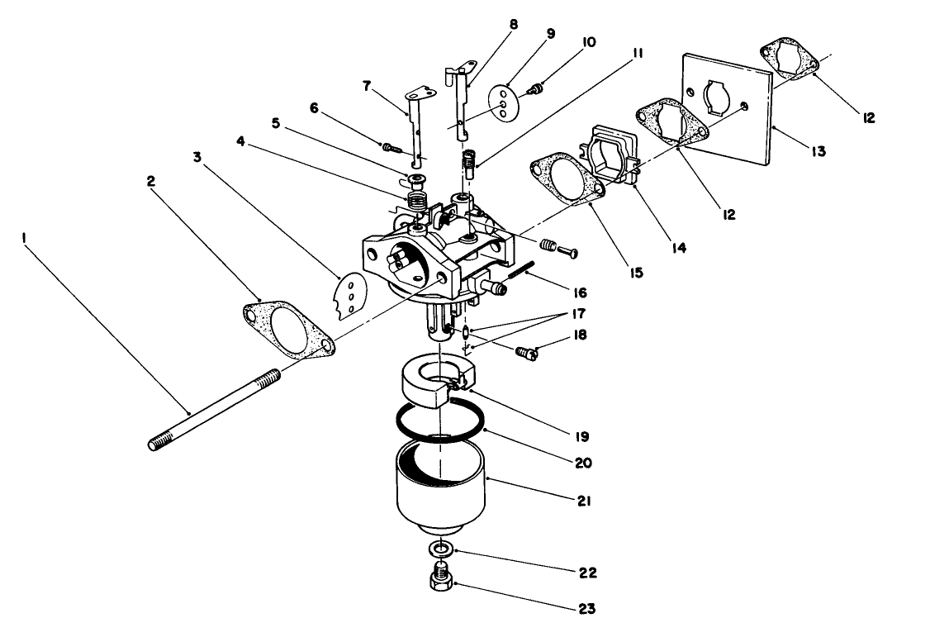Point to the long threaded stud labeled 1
(x=215, y=408)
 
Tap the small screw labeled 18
(x=524, y=353)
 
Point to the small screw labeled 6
(x=391, y=148)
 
